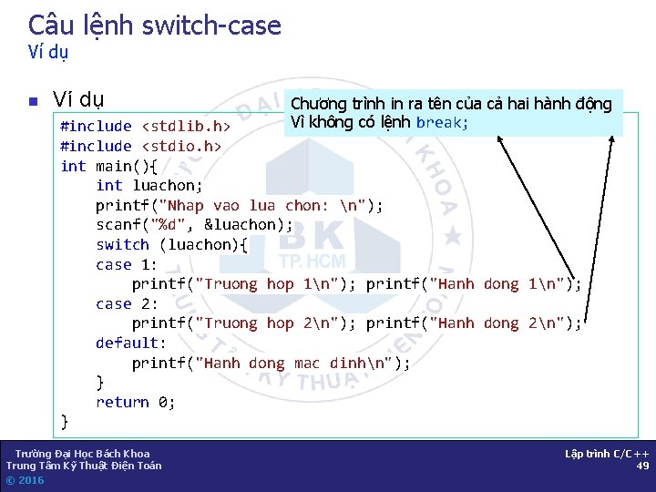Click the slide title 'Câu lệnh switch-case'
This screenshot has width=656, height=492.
pos(154,26)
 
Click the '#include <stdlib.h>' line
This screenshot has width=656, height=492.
pos(144,127)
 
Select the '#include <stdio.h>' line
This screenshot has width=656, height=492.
pos(140,146)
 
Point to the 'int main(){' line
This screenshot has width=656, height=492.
pos(108,166)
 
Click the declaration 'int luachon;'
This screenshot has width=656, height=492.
pos(149,185)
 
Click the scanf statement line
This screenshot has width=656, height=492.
pos(194,224)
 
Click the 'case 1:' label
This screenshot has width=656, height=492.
pos(127,264)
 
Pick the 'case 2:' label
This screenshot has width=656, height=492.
pos(127,303)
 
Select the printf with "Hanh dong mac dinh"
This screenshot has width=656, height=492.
pos(271,363)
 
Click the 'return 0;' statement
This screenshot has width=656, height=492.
pos(136,402)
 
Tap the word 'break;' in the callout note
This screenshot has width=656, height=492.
pos(442,122)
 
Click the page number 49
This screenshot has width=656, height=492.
pos(643,466)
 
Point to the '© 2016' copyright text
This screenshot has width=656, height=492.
pos(25,480)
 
